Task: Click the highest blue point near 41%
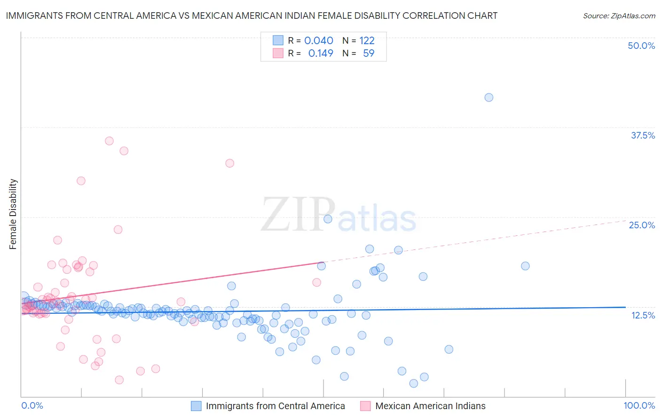pyautogui.click(x=489, y=97)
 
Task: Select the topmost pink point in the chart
pyautogui.click(x=109, y=141)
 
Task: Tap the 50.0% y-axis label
pyautogui.click(x=641, y=46)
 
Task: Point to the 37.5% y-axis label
pyautogui.click(x=643, y=135)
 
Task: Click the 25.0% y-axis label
pyautogui.click(x=642, y=225)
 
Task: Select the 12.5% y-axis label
pyautogui.click(x=643, y=315)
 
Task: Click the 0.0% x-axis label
pyautogui.click(x=32, y=406)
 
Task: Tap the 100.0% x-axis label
pyautogui.click(x=639, y=406)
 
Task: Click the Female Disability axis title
pyautogui.click(x=13, y=214)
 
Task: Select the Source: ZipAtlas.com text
pyautogui.click(x=619, y=16)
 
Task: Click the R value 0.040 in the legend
pyautogui.click(x=319, y=41)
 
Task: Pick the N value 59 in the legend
pyautogui.click(x=369, y=54)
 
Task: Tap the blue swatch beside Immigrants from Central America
pyautogui.click(x=196, y=406)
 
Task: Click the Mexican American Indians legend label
pyautogui.click(x=430, y=406)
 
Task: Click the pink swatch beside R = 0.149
pyautogui.click(x=278, y=54)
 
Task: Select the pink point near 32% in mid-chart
pyautogui.click(x=229, y=163)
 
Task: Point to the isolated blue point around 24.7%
pyautogui.click(x=328, y=219)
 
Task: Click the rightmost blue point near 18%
pyautogui.click(x=525, y=266)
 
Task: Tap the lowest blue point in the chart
pyautogui.click(x=414, y=383)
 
